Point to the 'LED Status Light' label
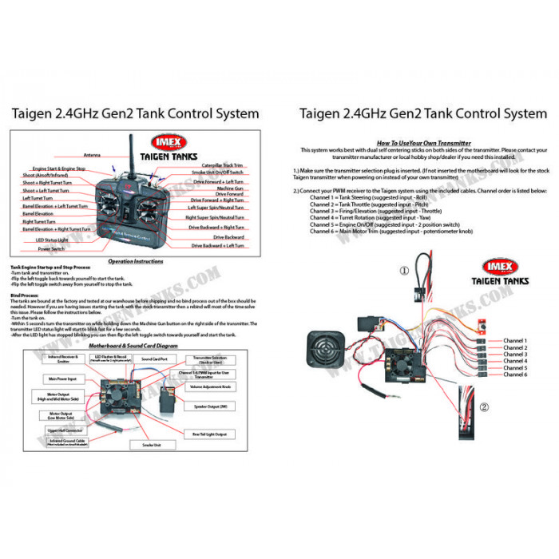(x=51, y=240)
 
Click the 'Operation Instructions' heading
(x=135, y=261)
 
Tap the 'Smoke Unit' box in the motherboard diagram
(x=153, y=443)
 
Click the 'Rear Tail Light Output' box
(x=210, y=434)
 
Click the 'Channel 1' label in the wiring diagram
(x=515, y=341)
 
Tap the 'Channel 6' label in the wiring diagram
(x=515, y=375)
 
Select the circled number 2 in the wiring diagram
(x=484, y=406)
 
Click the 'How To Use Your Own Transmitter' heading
(x=424, y=143)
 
